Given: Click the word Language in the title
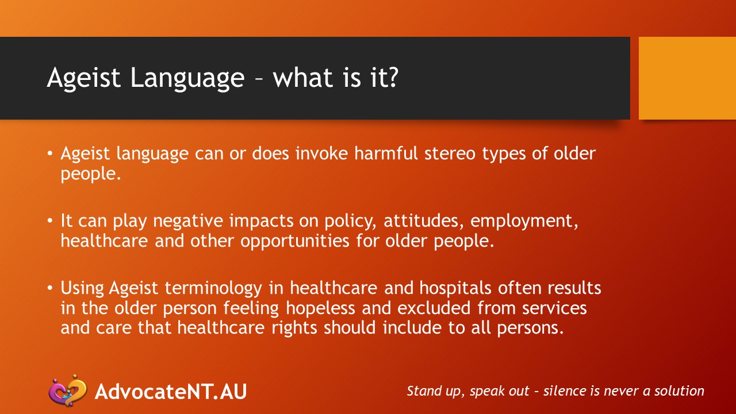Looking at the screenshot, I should (x=187, y=78).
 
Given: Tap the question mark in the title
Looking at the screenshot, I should (x=391, y=77).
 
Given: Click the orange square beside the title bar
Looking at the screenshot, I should (x=687, y=78).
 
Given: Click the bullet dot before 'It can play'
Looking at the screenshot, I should (x=51, y=221).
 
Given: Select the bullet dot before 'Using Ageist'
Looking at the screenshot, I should (x=51, y=287).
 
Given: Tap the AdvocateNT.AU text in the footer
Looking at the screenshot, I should (x=171, y=391).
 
